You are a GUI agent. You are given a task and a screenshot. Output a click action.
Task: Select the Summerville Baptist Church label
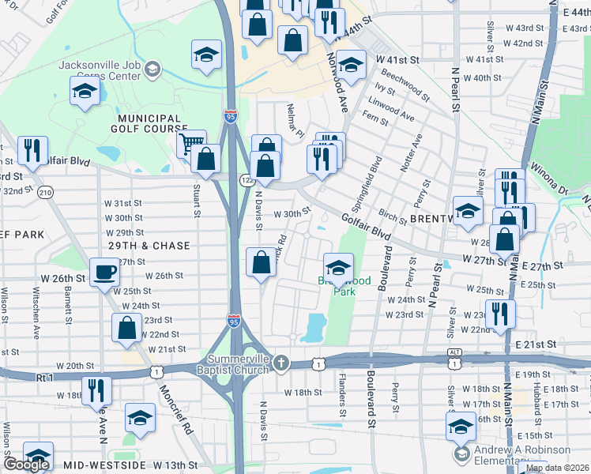coord(237,364)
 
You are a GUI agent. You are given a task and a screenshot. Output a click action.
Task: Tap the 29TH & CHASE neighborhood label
coord(149,246)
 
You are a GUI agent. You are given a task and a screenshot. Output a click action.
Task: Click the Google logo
coord(25,465)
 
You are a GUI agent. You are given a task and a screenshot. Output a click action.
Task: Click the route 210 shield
coord(46,192)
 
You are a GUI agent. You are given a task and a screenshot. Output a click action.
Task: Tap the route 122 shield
coord(247,180)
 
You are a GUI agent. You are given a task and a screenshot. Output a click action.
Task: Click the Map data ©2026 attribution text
coord(557,468)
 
